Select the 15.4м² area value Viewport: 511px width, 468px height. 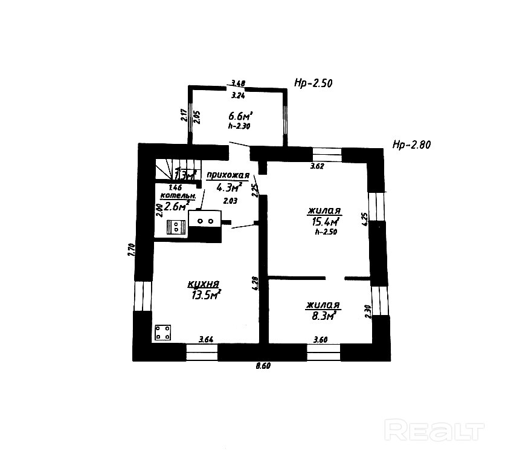tap(324, 222)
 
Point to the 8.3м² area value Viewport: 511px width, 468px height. tap(322, 314)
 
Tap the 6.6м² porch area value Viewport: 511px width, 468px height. tap(240, 115)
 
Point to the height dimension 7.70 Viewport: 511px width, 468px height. tap(130, 250)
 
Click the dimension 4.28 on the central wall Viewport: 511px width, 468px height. tap(256, 284)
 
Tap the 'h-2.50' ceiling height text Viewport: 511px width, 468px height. tap(325, 232)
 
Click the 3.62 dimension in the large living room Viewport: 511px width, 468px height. tap(318, 166)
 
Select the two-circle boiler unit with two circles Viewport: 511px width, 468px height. tap(205, 221)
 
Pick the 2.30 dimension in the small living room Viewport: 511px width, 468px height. tap(367, 311)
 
